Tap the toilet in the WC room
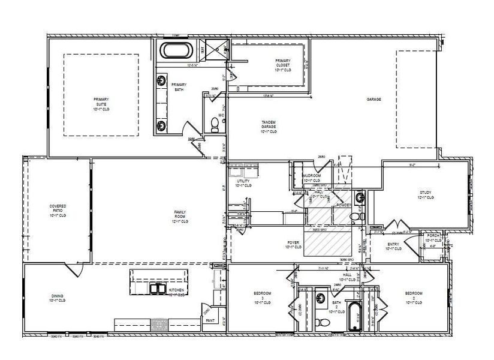click(x=215, y=125)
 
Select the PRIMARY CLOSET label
click(x=284, y=65)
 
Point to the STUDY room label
click(x=425, y=194)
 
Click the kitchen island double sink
click(x=158, y=289)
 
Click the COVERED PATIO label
click(x=58, y=210)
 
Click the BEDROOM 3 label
click(x=261, y=297)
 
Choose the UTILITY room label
click(x=243, y=182)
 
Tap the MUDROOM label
click(x=312, y=178)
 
